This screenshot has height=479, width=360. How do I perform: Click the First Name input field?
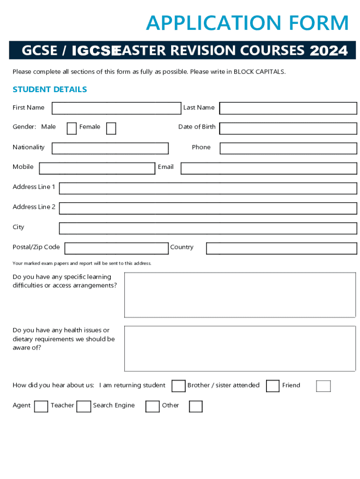click(x=116, y=108)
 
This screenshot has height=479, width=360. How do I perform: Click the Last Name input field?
click(x=288, y=108)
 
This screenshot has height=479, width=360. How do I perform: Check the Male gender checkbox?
click(x=72, y=128)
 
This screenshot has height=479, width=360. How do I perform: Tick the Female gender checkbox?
click(x=111, y=128)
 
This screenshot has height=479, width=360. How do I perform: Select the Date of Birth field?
click(x=288, y=128)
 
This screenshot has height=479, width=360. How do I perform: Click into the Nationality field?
click(x=110, y=148)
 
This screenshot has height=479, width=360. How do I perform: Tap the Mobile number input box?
click(x=97, y=168)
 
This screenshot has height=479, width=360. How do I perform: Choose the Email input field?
click(x=268, y=168)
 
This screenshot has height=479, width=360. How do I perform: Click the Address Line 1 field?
click(x=208, y=188)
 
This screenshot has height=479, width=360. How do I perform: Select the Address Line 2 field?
click(x=208, y=208)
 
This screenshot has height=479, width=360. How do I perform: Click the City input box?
click(x=208, y=228)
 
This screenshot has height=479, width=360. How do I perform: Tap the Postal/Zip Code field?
click(x=116, y=248)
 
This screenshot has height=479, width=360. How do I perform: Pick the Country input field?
click(x=281, y=248)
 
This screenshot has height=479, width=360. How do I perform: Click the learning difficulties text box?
click(x=240, y=295)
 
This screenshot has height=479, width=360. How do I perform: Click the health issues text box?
click(x=240, y=348)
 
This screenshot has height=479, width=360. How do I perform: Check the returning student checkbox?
click(x=178, y=386)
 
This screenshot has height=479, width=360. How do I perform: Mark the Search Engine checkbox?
click(x=152, y=406)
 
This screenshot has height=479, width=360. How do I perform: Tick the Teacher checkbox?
click(x=84, y=406)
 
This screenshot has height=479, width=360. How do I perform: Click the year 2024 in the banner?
click(x=328, y=51)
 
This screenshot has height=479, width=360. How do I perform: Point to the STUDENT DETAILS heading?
click(x=50, y=89)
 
